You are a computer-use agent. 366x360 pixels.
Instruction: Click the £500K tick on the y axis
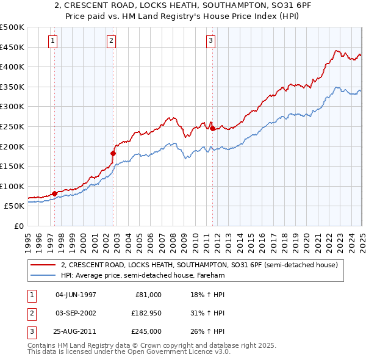(x=13, y=27)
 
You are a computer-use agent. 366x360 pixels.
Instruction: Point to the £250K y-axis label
(x=13, y=126)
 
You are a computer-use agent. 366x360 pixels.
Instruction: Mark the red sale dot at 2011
(x=212, y=129)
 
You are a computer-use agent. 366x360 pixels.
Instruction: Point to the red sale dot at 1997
(x=54, y=193)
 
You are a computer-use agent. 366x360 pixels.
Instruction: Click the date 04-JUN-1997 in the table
(x=76, y=294)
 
